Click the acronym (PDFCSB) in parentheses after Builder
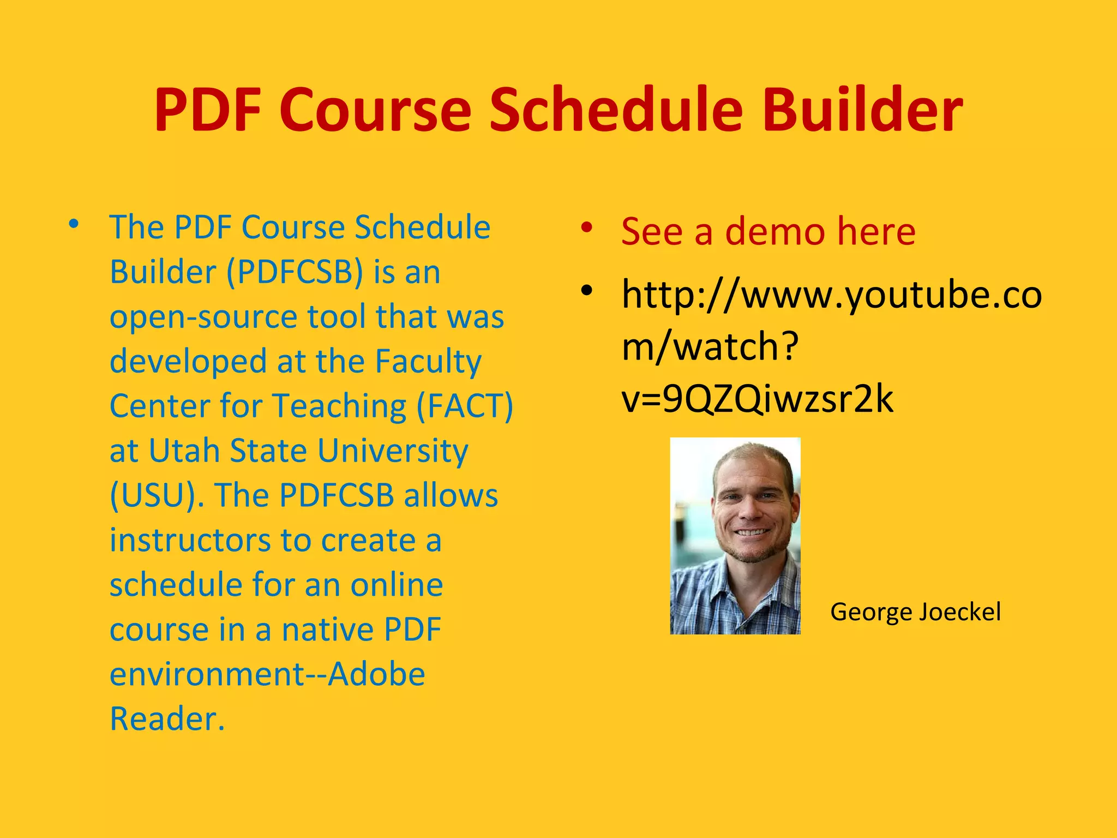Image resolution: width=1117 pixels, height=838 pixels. (295, 272)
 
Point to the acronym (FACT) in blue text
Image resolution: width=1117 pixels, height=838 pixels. (465, 406)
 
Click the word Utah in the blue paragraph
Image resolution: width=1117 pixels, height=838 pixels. (184, 451)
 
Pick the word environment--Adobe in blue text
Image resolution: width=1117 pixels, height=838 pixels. (267, 674)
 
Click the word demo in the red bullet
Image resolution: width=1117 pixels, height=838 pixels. (774, 232)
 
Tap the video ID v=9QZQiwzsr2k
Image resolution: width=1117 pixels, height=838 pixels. (757, 399)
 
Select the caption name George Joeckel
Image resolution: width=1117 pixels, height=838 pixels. (915, 612)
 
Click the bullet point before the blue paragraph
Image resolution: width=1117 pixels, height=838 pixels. (74, 224)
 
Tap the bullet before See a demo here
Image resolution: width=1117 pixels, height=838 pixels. (586, 228)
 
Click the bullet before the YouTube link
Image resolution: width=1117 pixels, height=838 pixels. (586, 290)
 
